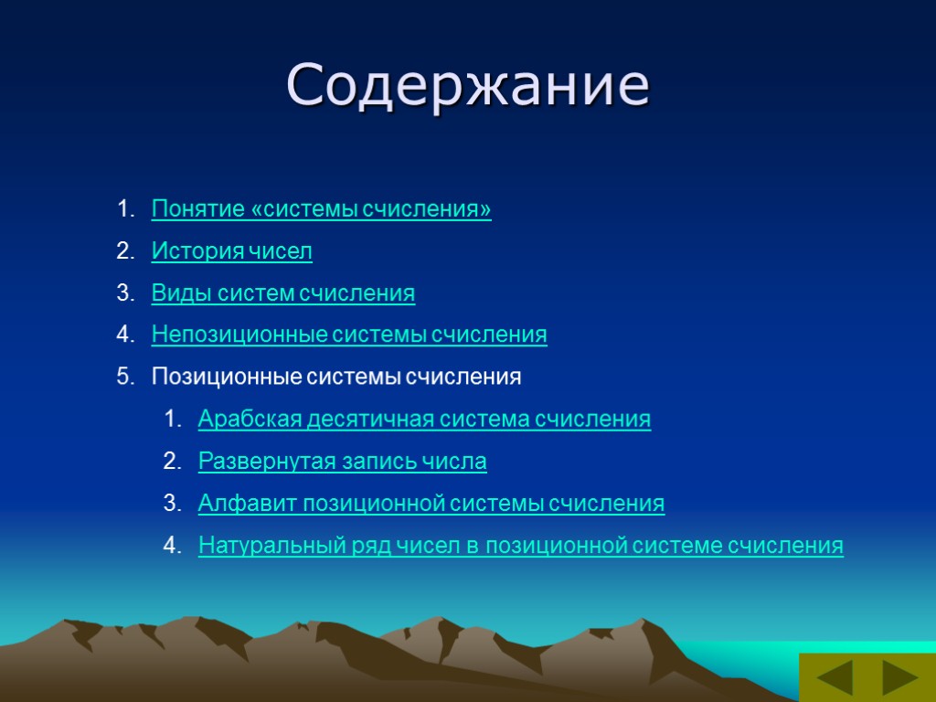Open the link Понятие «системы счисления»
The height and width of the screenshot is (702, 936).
[321, 209]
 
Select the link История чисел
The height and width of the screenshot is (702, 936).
[231, 251]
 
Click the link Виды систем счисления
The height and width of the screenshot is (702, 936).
[282, 293]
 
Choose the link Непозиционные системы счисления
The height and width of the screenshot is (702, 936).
[349, 335]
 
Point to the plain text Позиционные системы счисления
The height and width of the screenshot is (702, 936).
[336, 378]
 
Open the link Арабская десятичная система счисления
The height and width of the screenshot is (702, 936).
[424, 420]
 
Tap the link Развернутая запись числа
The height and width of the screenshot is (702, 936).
[342, 462]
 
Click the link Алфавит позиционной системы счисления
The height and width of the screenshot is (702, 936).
[431, 504]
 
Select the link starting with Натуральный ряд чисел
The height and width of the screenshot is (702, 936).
[520, 547]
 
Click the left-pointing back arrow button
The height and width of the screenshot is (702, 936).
[834, 679]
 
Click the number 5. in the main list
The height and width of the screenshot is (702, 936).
[124, 378]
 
